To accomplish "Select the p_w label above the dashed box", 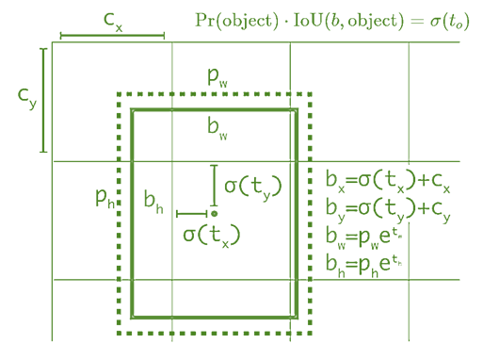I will [x=217, y=81].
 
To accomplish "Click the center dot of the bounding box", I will [x=215, y=215].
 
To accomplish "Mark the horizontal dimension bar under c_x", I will [x=112, y=37].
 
